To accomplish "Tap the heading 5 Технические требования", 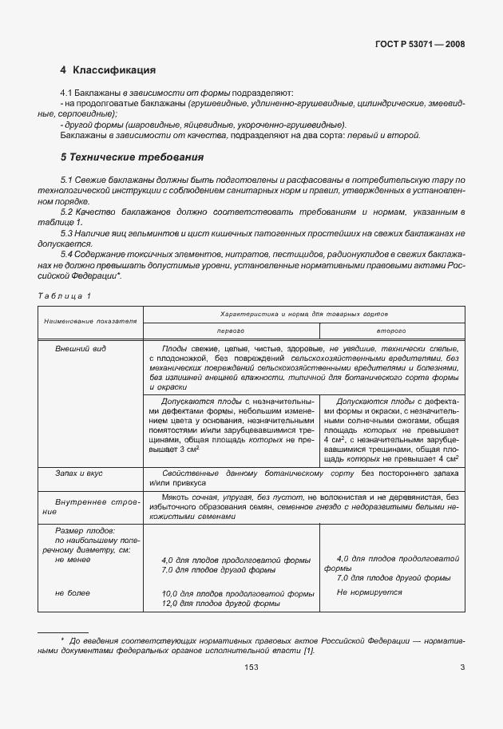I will [121, 156].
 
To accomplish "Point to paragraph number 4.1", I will [67, 94].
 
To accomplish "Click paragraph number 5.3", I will [67, 232].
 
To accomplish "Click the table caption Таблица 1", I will [65, 296].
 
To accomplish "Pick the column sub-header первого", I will [231, 330].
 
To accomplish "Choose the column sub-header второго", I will [391, 330].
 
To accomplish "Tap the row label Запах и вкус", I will [77, 473].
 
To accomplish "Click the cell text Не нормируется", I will [369, 592].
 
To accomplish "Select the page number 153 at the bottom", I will [252, 668].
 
